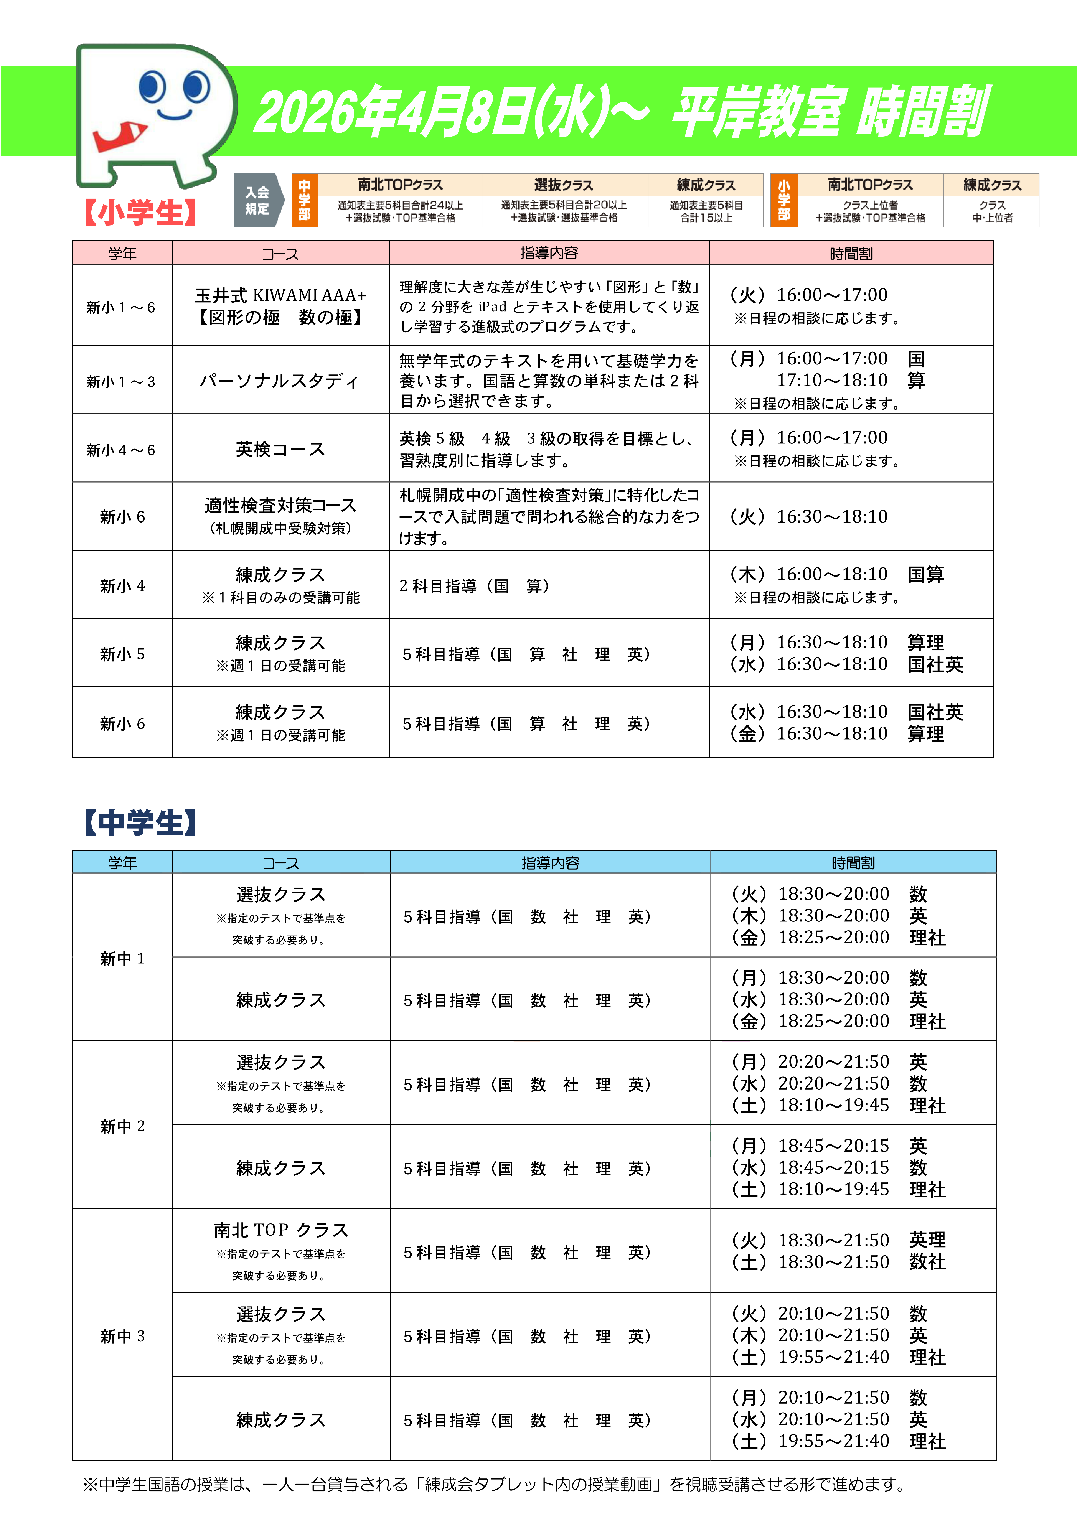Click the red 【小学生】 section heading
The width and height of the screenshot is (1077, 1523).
click(x=140, y=212)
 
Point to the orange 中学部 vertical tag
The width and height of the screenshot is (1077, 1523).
click(x=305, y=200)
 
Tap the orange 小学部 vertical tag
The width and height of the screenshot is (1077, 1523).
click(x=784, y=200)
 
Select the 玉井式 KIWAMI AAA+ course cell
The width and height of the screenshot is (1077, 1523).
click(x=280, y=306)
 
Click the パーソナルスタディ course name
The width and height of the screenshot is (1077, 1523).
click(x=280, y=381)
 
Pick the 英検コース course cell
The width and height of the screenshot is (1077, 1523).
click(x=280, y=449)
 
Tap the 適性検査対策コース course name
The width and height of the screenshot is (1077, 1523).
click(x=280, y=505)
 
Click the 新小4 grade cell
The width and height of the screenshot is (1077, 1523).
click(x=122, y=586)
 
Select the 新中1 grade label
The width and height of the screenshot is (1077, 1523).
click(x=122, y=958)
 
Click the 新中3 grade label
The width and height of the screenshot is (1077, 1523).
click(x=122, y=1336)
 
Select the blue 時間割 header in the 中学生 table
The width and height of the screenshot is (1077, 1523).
click(x=853, y=862)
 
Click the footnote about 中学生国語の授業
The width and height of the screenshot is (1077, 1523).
click(x=494, y=1484)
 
